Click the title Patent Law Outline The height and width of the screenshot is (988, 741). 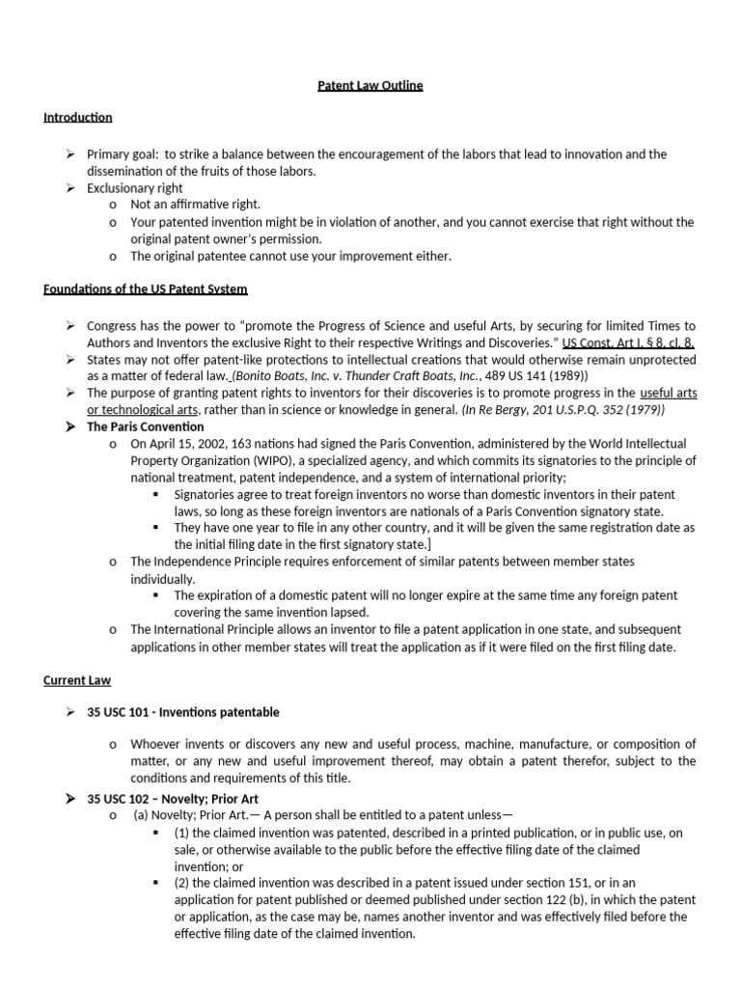pos(370,86)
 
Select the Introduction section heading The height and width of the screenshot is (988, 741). pos(77,118)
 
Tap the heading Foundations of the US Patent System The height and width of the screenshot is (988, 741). pos(145,290)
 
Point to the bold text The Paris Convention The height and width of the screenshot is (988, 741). pos(146,426)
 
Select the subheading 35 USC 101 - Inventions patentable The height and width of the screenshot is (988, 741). pos(183,712)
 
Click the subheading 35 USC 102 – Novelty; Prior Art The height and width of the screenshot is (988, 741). pos(173,799)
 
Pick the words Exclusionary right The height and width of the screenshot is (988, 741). pos(135,188)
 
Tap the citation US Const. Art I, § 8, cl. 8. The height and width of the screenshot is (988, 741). pos(629,343)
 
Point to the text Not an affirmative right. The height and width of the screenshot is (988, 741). pos(196,205)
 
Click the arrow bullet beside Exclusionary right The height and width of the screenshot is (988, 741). pos(71,188)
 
